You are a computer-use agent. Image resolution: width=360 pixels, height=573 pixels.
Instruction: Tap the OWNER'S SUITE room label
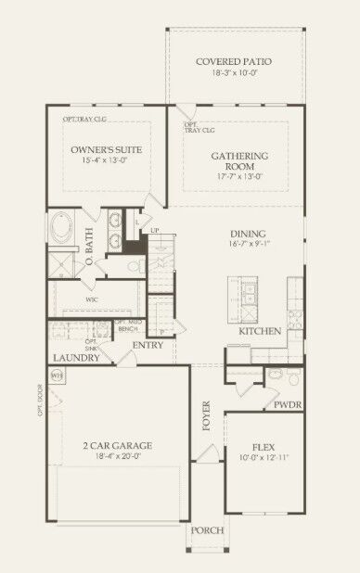click(x=104, y=149)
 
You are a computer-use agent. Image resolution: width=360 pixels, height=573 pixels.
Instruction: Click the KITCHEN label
click(x=260, y=331)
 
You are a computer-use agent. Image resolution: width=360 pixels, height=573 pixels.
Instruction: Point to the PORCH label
click(x=206, y=530)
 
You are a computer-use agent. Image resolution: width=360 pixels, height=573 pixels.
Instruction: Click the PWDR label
click(x=288, y=404)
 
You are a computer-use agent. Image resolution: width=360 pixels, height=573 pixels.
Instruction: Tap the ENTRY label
click(x=173, y=346)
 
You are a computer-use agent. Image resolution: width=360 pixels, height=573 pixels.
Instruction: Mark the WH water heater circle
click(x=57, y=377)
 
